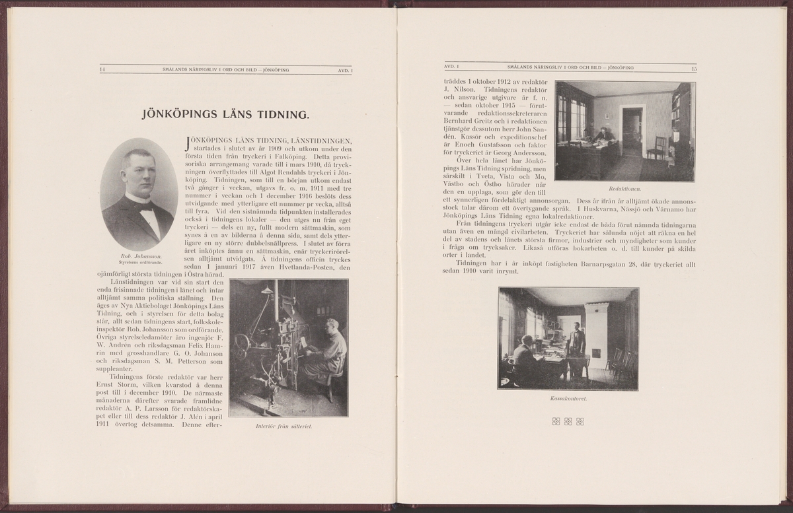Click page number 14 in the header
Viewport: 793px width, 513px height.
tap(102, 69)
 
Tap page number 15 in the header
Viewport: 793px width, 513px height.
tap(694, 68)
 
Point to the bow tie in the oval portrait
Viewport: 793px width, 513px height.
tap(145, 205)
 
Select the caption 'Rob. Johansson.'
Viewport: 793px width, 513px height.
tap(138, 256)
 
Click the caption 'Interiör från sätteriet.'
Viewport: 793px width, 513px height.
tap(283, 427)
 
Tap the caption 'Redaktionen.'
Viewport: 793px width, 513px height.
tap(625, 189)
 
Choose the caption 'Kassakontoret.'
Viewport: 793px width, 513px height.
tap(568, 399)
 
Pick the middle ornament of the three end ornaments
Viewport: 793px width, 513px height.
tap(568, 421)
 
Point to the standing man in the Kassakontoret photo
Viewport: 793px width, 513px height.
tap(578, 341)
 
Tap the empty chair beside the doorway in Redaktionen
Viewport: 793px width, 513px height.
tap(658, 148)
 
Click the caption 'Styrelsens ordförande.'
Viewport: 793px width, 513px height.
tap(138, 263)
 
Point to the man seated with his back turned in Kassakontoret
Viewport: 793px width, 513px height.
tap(523, 357)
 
